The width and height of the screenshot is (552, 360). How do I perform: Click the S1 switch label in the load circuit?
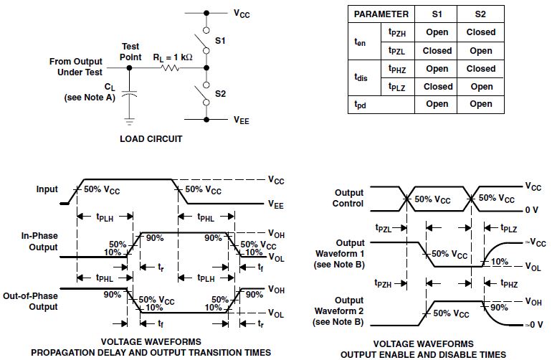point(220,42)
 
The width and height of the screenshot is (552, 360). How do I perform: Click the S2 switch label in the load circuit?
point(220,94)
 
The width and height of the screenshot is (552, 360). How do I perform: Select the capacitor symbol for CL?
point(129,93)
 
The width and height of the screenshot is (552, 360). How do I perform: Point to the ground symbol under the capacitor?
point(129,118)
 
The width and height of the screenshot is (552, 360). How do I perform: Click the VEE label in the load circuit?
point(241,121)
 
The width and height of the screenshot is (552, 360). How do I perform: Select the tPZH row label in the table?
point(400,32)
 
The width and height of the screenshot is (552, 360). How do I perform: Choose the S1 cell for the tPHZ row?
point(437,69)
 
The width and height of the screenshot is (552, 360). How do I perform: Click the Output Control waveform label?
point(349,198)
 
